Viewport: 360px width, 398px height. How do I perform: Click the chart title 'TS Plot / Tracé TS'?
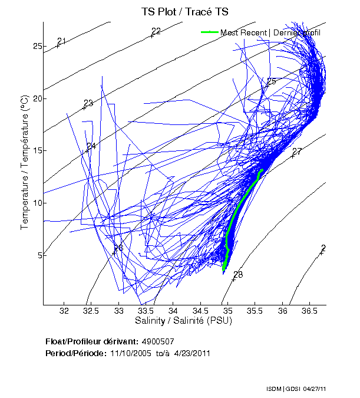tap(184, 11)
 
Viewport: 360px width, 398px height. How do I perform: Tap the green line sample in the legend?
tap(210, 32)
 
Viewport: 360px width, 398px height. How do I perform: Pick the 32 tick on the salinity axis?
tap(65, 311)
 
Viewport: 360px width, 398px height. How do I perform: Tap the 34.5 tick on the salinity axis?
tap(200, 311)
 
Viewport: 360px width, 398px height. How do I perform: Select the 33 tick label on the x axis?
tap(119, 311)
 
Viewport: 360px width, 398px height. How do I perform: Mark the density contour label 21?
tap(62, 41)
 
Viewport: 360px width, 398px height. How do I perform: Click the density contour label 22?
tap(156, 32)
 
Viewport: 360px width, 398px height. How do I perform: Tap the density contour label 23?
tap(88, 103)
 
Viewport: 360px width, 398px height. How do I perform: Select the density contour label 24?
tap(91, 146)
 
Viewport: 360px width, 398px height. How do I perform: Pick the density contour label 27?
tap(297, 152)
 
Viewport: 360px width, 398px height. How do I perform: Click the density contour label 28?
tap(238, 275)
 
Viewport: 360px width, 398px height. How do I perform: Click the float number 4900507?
tap(158, 341)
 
